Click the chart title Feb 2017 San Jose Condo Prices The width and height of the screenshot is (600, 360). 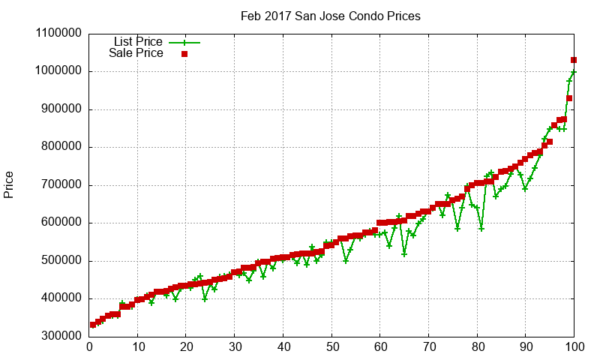pyautogui.click(x=330, y=16)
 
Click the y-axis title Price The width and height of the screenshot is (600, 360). pyautogui.click(x=9, y=184)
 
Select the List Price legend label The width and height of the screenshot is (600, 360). pyautogui.click(x=138, y=41)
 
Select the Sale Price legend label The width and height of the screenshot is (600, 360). pyautogui.click(x=136, y=53)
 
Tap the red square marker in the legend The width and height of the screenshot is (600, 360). pyautogui.click(x=184, y=54)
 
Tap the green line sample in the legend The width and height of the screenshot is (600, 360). pyautogui.click(x=184, y=42)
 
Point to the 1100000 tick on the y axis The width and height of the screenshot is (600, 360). pyautogui.click(x=54, y=34)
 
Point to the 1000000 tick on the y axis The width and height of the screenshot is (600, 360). pyautogui.click(x=54, y=71)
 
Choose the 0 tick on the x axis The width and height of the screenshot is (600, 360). pyautogui.click(x=89, y=347)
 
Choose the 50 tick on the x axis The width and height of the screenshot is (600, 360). pyautogui.click(x=331, y=347)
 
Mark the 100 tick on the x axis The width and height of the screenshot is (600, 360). pyautogui.click(x=574, y=347)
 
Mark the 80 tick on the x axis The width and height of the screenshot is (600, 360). pyautogui.click(x=478, y=347)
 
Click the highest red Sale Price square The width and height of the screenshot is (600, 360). pyautogui.click(x=574, y=60)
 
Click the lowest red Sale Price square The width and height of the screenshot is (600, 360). pyautogui.click(x=93, y=325)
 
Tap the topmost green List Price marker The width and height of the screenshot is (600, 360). pyautogui.click(x=574, y=72)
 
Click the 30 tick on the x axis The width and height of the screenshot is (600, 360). pyautogui.click(x=235, y=347)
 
